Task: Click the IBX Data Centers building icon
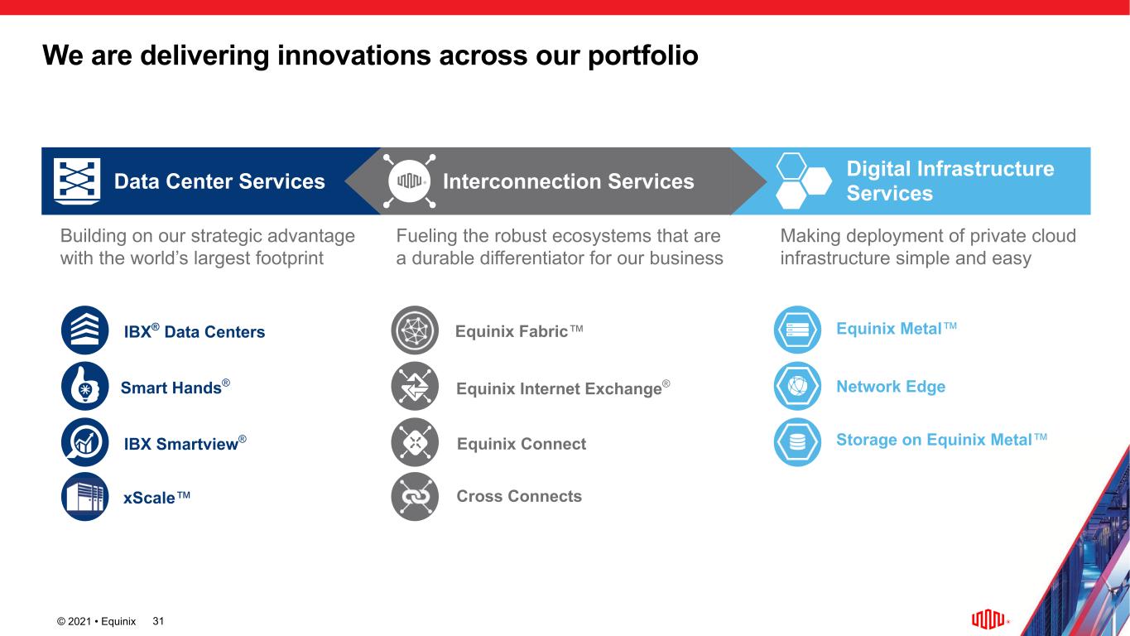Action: coord(84,330)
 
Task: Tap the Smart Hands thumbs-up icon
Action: coord(84,386)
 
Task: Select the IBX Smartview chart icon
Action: coord(84,442)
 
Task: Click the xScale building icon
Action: coord(84,497)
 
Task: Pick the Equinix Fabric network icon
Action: coord(415,330)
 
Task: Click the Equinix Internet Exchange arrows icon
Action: coord(415,386)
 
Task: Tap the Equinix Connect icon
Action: coord(415,442)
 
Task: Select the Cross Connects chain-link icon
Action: coord(415,497)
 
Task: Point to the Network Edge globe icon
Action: coord(797,386)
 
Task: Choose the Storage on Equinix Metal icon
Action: coord(797,442)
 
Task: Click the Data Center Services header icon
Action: coord(77,181)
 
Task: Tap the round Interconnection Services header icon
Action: coord(409,181)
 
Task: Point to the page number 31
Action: coord(158,621)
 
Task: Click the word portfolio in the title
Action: coord(643,56)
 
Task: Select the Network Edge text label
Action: coord(891,387)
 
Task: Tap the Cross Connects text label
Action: coord(519,496)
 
